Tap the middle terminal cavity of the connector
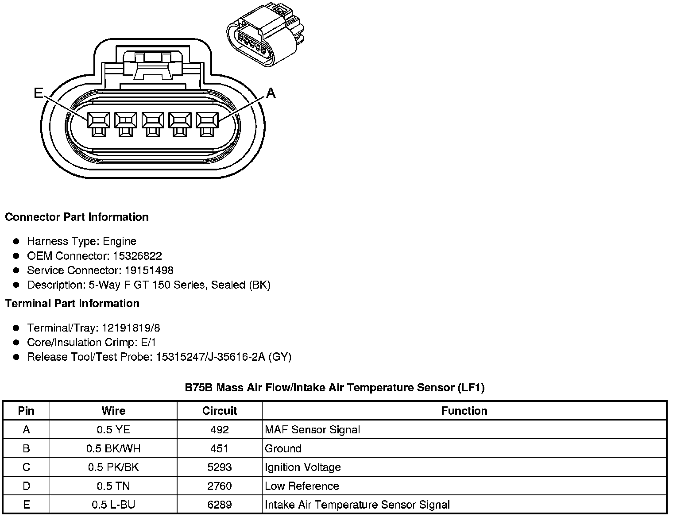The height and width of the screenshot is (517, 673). pos(153,120)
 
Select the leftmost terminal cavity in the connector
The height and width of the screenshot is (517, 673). pos(99,120)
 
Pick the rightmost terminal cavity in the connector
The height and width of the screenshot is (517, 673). pos(207,120)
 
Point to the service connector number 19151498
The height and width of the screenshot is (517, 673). pos(149,270)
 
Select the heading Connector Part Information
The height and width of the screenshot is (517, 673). pos(77,217)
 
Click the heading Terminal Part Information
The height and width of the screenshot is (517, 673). pos(72,303)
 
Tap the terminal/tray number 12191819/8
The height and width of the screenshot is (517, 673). pos(131,328)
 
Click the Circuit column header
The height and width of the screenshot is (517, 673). pos(220,411)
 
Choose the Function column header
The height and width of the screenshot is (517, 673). pos(464,411)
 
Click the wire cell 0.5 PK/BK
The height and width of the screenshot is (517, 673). pos(113,467)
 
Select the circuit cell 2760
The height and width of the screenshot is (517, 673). pos(220,486)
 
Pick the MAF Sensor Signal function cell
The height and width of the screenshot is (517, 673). pos(312,429)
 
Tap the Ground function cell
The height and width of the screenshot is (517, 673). pos(283,448)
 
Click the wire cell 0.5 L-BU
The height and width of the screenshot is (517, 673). pos(113,505)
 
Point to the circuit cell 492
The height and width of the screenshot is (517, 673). pos(220,429)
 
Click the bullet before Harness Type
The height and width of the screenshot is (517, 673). pos(16,241)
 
